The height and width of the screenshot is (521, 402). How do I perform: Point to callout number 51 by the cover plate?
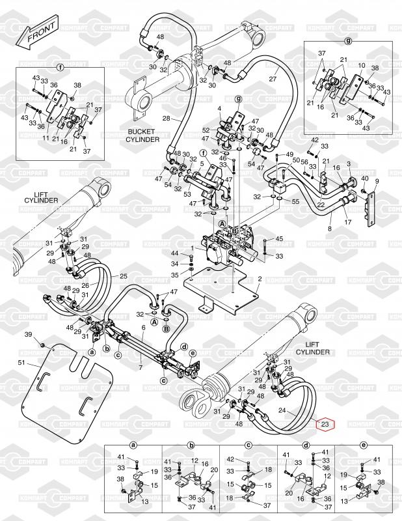coord(21,363)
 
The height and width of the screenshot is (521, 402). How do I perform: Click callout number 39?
coord(29,334)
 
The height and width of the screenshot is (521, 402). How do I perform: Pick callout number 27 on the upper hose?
coord(273,79)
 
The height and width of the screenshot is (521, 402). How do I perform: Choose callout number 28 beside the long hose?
coord(166,119)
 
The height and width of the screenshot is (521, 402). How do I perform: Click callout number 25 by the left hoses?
coord(123,275)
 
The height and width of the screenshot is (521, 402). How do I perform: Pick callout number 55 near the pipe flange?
coord(296,203)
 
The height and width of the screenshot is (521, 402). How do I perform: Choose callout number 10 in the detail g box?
coord(362,65)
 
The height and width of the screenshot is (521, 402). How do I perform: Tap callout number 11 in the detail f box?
coord(46,138)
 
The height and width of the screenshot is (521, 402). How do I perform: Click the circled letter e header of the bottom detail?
coord(362,445)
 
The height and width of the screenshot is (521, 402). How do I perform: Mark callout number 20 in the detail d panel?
coord(289,493)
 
